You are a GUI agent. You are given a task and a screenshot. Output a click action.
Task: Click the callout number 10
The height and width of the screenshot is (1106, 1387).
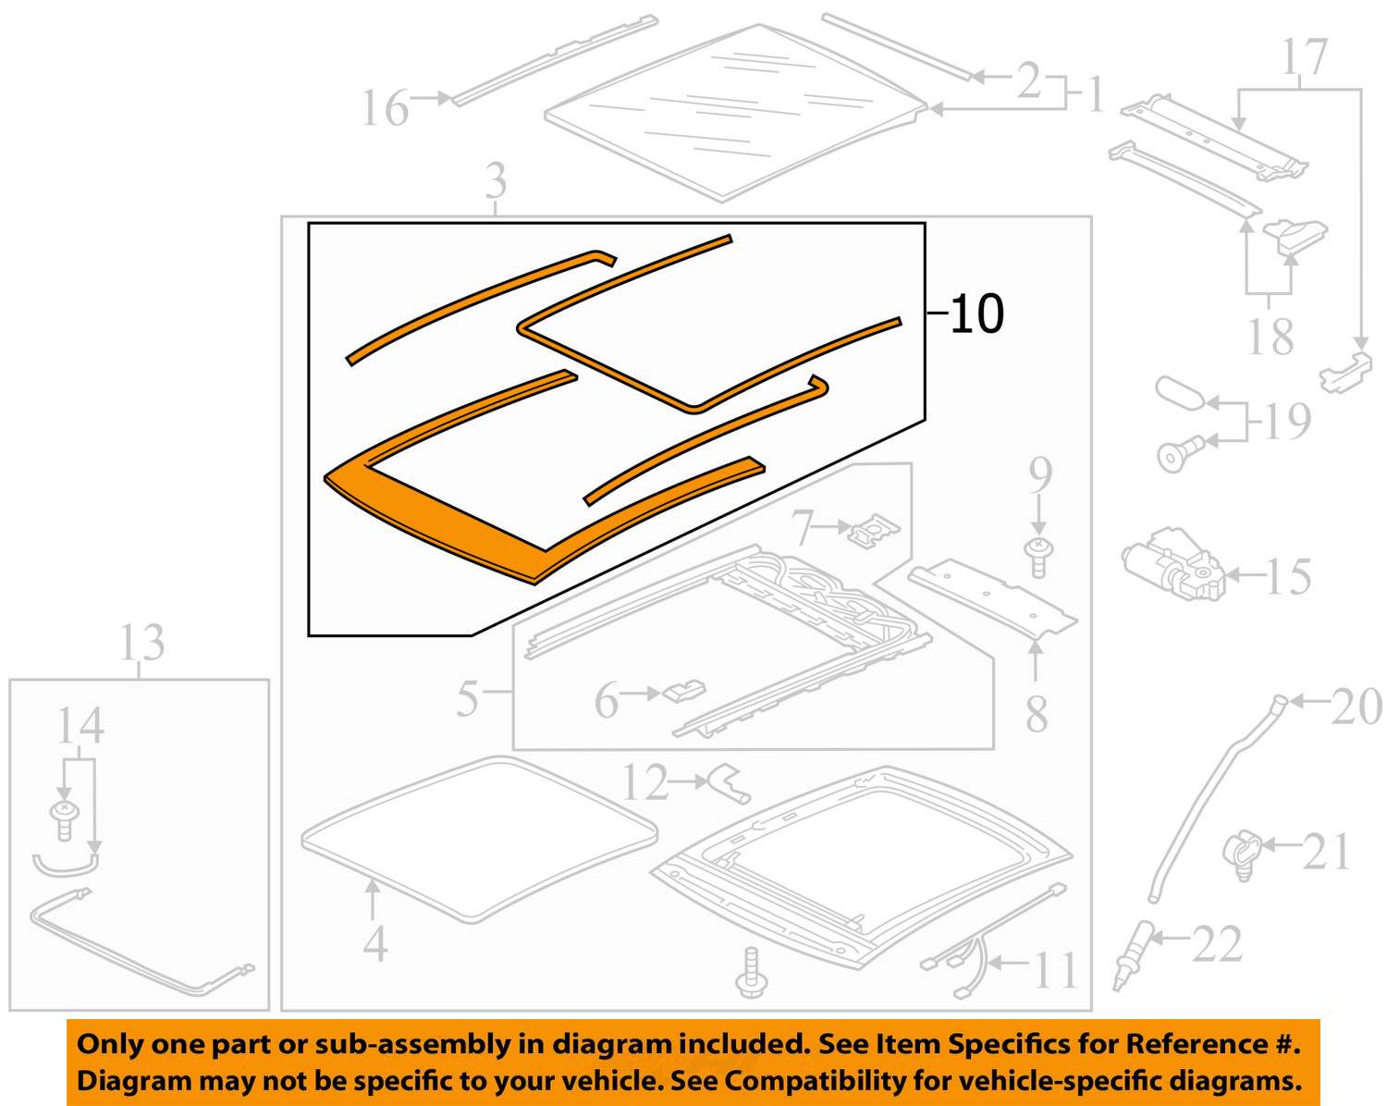pos(976,314)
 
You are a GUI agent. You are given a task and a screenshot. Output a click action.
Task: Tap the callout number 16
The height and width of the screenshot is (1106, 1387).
pos(384,108)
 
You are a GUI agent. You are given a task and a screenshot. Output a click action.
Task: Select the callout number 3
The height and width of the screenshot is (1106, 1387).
pos(497,180)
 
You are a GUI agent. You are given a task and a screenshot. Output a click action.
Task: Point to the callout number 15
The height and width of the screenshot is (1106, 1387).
pos(1288,577)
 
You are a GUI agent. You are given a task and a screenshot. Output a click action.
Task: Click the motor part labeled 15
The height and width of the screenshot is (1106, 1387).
pos(1172,564)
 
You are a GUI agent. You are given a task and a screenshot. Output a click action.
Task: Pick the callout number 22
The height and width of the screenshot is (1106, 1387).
pos(1217,944)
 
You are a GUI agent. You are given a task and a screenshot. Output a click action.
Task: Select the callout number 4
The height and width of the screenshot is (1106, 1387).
pos(374,943)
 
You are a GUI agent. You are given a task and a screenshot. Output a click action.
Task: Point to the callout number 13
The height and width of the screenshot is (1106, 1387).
pos(141,643)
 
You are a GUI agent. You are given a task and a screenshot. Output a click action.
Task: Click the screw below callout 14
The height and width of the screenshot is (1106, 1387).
pos(65,819)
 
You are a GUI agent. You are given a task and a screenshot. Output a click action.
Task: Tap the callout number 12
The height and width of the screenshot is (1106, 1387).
pos(644,783)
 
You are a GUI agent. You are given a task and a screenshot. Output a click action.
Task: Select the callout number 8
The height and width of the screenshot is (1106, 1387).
pos(1037,714)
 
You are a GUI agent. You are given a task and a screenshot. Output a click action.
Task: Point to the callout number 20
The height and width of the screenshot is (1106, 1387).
pos(1356,707)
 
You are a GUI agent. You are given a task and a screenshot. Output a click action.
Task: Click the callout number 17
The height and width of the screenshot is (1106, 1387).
pos(1305,57)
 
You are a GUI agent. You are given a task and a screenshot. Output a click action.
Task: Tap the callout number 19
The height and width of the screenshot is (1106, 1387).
pos(1287,422)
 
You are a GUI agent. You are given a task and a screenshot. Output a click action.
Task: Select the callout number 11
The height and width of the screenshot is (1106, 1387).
pos(1054,971)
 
